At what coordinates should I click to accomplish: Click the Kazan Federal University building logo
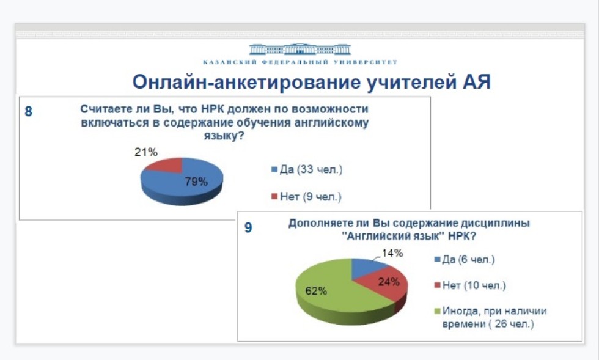(299, 50)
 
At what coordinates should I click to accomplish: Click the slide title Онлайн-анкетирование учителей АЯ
(311, 82)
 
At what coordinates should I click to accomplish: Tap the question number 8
(28, 112)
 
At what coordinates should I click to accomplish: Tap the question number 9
(248, 228)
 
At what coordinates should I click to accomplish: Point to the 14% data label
(392, 253)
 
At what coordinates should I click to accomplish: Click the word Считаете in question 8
(104, 109)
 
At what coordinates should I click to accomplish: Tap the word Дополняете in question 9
(318, 224)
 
